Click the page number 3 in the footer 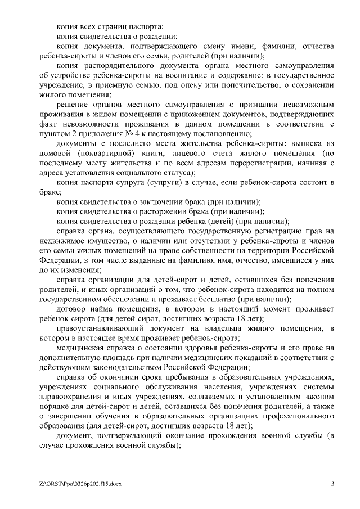click(332, 483)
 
